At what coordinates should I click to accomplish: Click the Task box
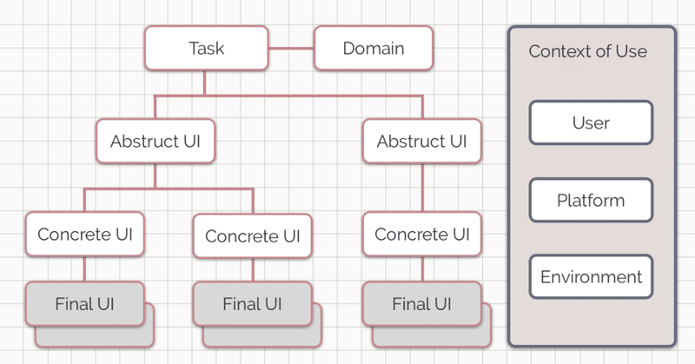(207, 48)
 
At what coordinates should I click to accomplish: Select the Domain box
(374, 48)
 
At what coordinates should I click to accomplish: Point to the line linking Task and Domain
(291, 49)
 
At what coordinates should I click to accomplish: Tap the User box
(591, 122)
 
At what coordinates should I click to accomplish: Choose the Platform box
(591, 201)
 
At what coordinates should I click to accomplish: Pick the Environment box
(591, 276)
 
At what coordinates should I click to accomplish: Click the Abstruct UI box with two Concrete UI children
(156, 141)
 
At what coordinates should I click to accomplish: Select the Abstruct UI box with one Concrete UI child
(422, 141)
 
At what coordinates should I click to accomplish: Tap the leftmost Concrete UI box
(85, 234)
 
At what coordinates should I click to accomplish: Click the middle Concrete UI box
(253, 236)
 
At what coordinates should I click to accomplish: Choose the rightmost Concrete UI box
(422, 234)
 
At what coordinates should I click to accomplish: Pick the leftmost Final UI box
(85, 304)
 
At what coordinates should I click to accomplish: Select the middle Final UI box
(253, 304)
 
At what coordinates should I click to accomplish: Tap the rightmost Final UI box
(422, 304)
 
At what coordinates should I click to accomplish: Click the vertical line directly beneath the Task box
(204, 83)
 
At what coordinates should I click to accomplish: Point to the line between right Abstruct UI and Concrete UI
(422, 188)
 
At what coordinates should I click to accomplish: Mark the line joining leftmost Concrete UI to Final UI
(84, 269)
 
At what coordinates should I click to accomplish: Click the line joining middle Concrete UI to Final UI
(253, 270)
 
